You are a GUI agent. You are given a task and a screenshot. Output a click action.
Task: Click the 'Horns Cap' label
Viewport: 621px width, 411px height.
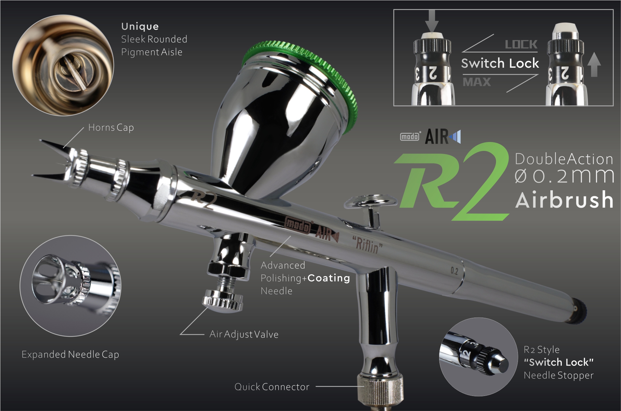111,128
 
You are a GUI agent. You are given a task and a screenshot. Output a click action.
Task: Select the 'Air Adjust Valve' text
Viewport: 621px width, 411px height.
244,334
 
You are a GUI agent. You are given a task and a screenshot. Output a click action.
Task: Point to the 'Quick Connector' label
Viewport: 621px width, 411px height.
272,387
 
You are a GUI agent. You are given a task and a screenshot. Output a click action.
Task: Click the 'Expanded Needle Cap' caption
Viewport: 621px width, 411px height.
70,354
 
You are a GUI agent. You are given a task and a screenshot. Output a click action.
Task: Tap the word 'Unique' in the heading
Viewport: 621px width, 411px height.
140,26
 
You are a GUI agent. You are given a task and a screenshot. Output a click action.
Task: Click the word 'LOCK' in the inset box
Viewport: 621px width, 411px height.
521,44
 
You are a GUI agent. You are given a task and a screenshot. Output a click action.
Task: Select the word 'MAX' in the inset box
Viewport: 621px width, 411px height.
477,82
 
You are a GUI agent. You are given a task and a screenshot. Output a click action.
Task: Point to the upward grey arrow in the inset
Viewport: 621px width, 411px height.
594,66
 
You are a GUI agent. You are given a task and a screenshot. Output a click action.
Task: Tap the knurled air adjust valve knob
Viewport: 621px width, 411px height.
223,300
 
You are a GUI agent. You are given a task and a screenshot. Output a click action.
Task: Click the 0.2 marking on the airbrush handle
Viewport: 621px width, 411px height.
454,271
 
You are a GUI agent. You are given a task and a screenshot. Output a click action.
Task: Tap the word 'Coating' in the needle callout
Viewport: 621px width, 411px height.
329,278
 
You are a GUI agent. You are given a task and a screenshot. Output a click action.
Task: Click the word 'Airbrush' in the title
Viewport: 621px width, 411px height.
564,200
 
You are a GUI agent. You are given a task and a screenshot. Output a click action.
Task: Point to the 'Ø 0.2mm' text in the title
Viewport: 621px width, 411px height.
564,176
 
